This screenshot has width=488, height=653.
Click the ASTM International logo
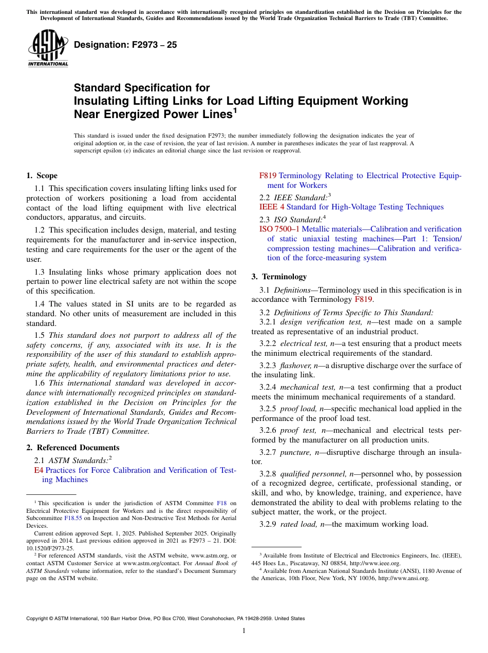(48, 48)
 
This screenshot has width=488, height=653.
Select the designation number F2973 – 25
(125, 45)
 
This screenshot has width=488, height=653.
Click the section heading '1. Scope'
(42, 176)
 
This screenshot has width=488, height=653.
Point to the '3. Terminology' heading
(279, 277)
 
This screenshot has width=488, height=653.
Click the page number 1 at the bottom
(244, 630)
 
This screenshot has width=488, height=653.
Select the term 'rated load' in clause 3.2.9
(299, 524)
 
